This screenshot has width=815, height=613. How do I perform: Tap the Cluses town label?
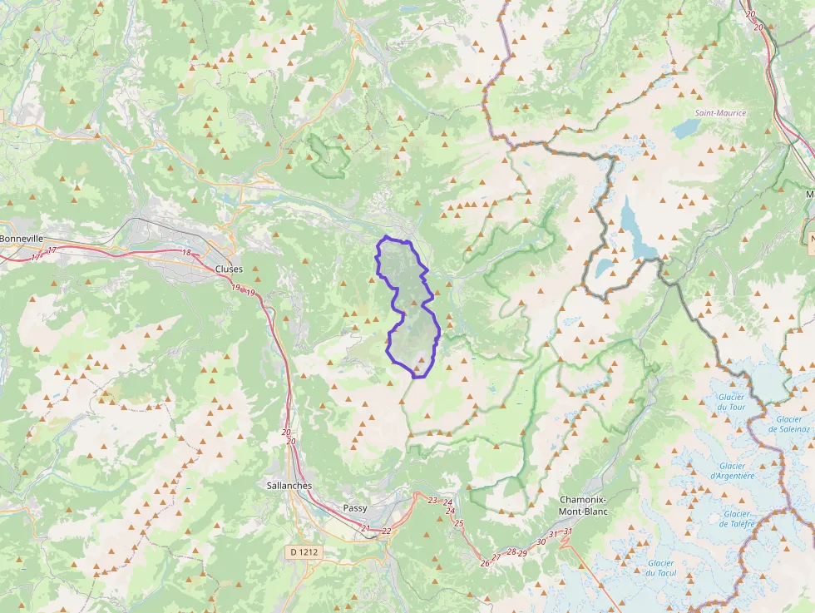(229, 269)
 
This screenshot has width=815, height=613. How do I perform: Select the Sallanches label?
(289, 485)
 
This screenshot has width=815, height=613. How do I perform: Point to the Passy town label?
(355, 507)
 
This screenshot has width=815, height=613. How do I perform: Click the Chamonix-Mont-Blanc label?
(583, 506)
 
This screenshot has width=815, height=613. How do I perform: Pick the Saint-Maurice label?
(720, 112)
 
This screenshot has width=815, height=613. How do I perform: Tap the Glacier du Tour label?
(732, 402)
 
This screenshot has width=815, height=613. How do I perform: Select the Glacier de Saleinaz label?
(789, 424)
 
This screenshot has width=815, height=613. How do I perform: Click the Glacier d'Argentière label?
(732, 471)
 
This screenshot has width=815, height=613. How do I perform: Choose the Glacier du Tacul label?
(661, 567)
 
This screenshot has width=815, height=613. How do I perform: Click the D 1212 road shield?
(304, 551)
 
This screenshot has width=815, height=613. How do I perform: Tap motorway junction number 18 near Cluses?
(185, 252)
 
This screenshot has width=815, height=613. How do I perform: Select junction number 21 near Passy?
(365, 528)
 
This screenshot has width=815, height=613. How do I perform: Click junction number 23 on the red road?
(432, 500)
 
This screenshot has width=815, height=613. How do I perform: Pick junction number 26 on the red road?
(485, 563)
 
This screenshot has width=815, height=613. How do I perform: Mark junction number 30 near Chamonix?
(541, 541)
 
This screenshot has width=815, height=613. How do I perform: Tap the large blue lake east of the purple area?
(636, 229)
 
